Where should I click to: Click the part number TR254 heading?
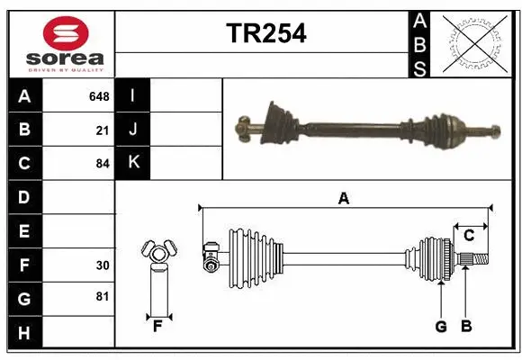265,33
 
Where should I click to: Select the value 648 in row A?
98,95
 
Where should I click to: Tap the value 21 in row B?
102,130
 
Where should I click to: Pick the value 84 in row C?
102,164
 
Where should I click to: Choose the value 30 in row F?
102,265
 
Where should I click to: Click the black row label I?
132,95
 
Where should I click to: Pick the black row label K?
132,163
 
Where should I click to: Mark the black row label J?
132,130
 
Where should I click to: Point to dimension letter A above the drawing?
343,199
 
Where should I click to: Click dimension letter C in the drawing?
469,236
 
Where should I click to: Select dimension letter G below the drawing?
441,326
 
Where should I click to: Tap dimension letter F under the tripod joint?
157,326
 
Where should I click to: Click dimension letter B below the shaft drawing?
466,326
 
